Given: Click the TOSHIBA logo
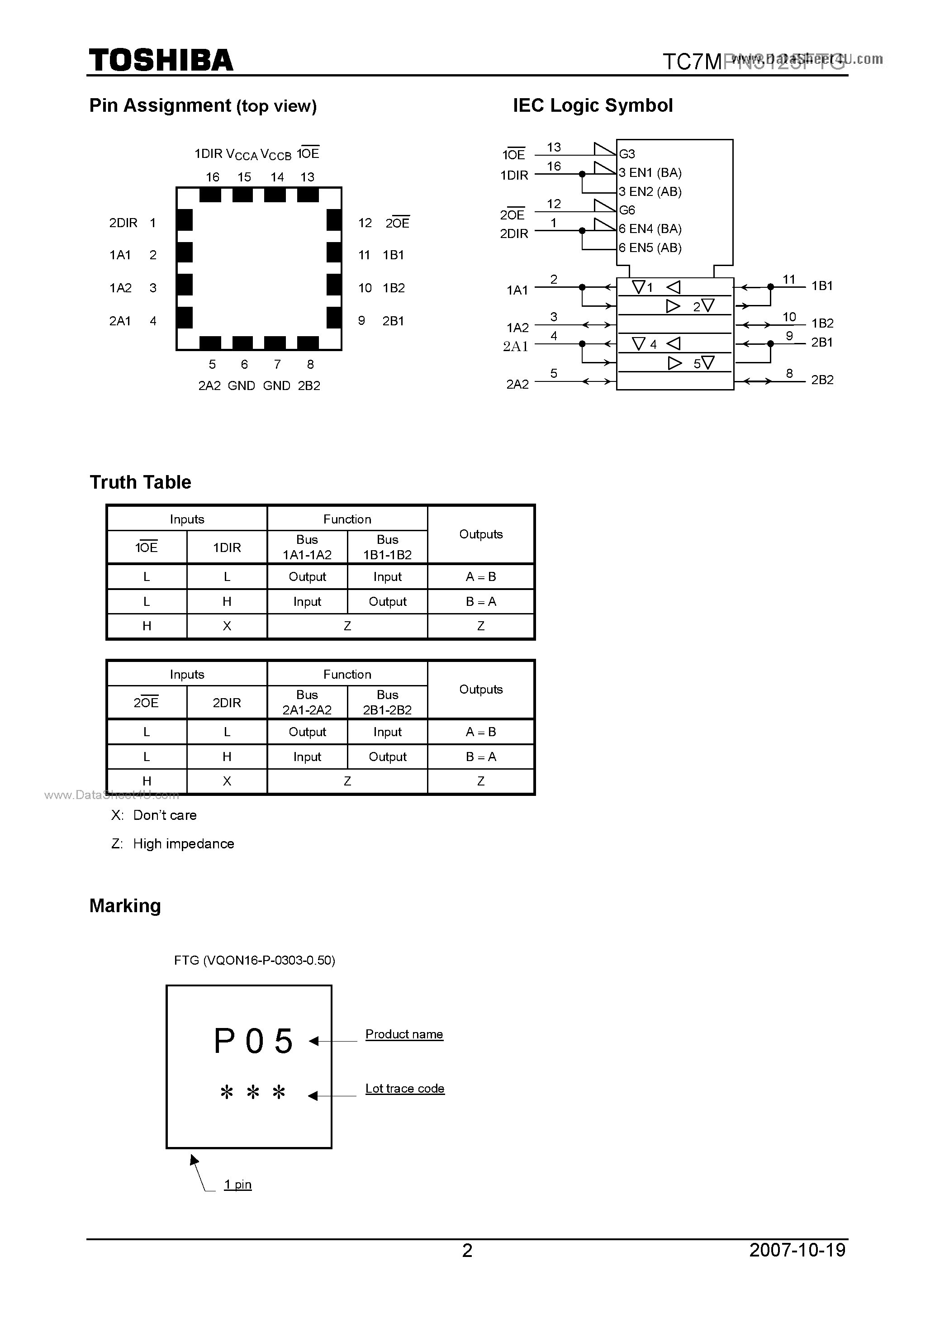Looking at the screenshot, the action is click(x=161, y=61).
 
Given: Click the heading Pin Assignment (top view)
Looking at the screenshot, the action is click(x=203, y=105).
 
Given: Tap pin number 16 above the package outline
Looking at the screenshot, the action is click(x=213, y=177).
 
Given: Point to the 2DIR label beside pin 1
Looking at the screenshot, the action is click(x=123, y=223).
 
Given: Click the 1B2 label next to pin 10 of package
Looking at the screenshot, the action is click(x=394, y=288).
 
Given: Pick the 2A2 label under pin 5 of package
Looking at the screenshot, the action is click(x=210, y=386).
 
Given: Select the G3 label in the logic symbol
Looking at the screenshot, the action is click(x=627, y=154).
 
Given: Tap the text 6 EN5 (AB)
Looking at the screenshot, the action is click(x=650, y=248).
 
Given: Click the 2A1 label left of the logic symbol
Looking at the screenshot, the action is click(x=516, y=346).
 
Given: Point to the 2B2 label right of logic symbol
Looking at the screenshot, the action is click(x=822, y=380).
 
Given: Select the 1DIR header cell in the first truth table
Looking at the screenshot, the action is click(x=227, y=547).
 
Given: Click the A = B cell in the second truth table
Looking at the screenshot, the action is click(x=480, y=732).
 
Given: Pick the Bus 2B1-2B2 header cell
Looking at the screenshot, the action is click(x=387, y=702).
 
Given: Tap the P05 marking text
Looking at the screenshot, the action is click(x=253, y=1041).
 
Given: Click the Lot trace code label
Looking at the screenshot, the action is click(x=404, y=1089).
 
